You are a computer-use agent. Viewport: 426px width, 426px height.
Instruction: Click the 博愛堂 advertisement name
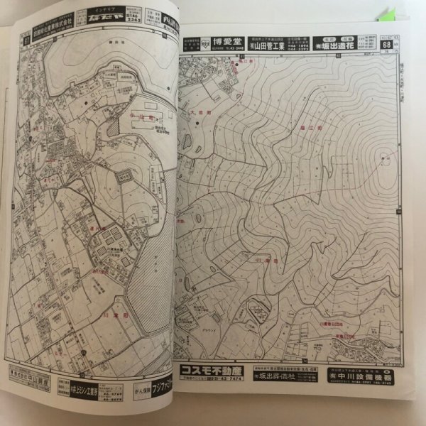[229, 40]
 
